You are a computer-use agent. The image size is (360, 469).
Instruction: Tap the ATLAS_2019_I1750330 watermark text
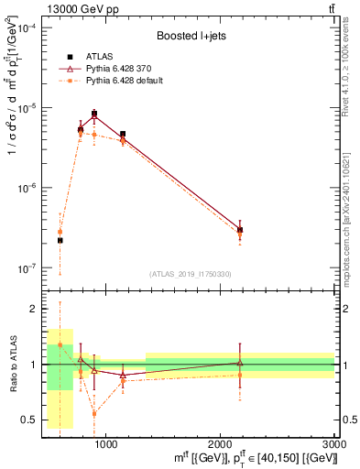(x=190, y=274)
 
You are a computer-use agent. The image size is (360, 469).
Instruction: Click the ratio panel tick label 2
(x=36, y=310)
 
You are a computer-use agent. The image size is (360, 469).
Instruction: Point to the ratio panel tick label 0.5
(x=33, y=420)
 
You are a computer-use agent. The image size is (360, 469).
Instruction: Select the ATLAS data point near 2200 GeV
(x=240, y=231)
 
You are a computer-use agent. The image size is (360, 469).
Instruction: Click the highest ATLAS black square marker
(x=94, y=114)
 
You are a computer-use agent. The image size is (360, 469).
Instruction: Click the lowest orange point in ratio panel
(x=94, y=414)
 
